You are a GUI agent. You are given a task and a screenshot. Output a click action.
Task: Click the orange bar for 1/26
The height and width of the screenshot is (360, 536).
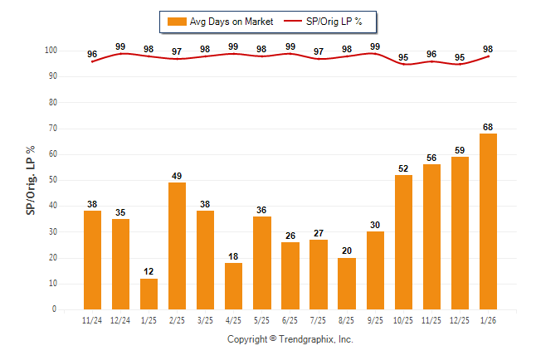489,221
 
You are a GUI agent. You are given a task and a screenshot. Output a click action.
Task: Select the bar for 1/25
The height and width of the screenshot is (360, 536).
149,294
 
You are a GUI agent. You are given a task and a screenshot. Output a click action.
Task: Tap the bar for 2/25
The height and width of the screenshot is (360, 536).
177,246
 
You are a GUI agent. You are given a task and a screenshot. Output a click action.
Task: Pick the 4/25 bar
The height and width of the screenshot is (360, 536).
233,286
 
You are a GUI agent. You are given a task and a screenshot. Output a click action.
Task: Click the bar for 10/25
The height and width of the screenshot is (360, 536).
404,242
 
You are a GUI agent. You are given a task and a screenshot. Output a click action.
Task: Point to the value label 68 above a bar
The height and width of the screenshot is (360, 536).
489,127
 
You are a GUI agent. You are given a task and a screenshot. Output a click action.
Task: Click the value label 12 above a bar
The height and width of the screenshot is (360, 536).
149,272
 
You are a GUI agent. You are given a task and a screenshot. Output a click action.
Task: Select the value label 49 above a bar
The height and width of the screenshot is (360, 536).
177,176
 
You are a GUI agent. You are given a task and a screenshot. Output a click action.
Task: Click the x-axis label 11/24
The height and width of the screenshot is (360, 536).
92,321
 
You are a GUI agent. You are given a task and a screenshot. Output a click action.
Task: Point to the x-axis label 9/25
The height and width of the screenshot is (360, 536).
376,321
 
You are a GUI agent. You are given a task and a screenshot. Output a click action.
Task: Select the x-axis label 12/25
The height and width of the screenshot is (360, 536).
460,321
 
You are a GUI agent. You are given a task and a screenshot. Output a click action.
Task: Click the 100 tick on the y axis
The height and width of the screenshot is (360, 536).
50,51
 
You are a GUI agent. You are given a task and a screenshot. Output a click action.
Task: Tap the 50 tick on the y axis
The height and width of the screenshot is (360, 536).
51,180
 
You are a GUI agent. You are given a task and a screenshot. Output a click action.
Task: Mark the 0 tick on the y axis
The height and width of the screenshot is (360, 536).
54,309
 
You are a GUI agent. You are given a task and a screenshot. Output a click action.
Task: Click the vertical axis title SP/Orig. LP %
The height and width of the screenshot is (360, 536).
31,179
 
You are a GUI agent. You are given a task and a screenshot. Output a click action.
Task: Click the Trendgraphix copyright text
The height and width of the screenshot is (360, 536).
290,339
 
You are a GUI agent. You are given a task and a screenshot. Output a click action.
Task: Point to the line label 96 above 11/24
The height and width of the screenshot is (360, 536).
92,55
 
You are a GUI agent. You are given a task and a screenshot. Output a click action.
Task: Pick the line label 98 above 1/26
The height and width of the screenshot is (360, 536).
489,49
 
